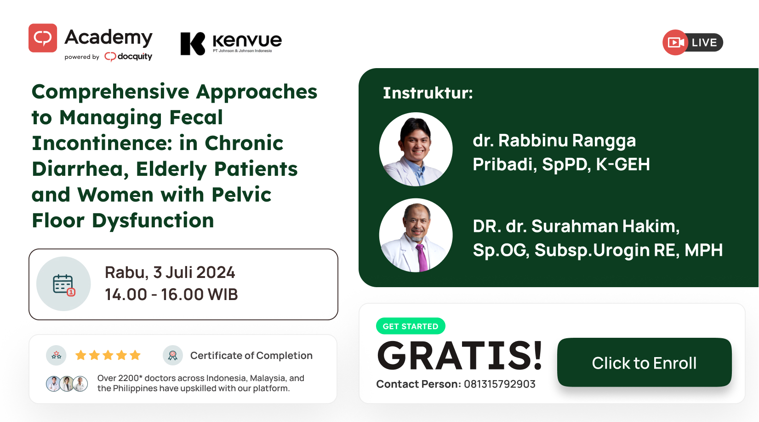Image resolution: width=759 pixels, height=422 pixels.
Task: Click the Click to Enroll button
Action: (x=644, y=362)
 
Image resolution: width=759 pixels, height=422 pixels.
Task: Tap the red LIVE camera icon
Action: (x=675, y=42)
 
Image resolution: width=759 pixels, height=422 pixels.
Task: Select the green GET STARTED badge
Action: (x=411, y=326)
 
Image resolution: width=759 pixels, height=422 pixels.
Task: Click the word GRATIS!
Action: (x=460, y=356)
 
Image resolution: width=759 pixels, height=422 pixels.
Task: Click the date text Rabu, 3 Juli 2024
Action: (x=170, y=272)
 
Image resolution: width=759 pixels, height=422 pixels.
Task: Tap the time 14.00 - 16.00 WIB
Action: (x=171, y=294)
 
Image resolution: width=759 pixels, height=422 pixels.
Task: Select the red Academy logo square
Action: (x=43, y=38)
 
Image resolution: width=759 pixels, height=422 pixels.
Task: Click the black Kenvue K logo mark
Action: (x=193, y=43)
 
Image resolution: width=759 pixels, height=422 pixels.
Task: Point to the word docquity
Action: (x=135, y=56)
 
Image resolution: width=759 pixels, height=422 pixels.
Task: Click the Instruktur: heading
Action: (x=428, y=93)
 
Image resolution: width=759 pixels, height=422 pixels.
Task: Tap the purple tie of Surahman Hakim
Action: (x=422, y=257)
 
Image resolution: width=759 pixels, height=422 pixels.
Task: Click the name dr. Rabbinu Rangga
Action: (x=554, y=140)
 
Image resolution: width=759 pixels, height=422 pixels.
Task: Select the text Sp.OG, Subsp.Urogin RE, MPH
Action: (x=598, y=250)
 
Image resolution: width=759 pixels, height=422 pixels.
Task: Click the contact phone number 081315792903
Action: (x=499, y=384)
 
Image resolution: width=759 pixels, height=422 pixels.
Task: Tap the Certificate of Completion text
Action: (x=251, y=355)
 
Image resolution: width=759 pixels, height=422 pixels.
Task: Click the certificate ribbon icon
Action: (x=173, y=355)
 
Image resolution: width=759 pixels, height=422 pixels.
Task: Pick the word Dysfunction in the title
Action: (x=153, y=221)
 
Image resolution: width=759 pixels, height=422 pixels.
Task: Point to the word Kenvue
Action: (x=247, y=40)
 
